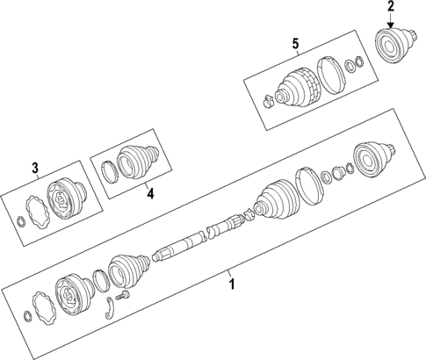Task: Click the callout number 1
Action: click(232, 284)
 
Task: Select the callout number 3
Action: click(35, 167)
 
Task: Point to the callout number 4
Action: click(149, 193)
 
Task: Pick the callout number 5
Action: click(295, 43)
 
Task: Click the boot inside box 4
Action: click(137, 160)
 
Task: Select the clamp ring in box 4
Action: click(109, 172)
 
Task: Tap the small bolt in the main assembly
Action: click(120, 300)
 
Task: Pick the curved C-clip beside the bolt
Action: click(108, 306)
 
